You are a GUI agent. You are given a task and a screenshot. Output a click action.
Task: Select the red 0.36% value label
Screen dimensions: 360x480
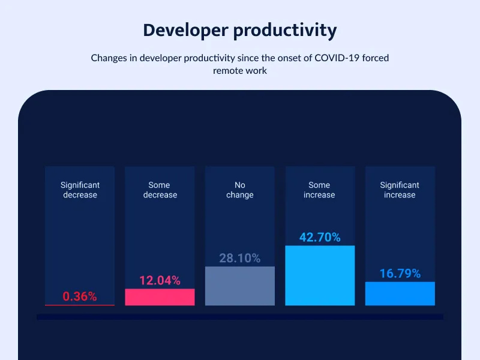click(x=80, y=296)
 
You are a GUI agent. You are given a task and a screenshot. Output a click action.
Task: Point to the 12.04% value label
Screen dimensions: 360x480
click(x=160, y=280)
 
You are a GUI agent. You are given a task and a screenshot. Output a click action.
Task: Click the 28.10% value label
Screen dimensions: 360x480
click(x=240, y=258)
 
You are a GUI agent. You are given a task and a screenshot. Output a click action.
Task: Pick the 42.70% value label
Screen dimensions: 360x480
click(x=320, y=237)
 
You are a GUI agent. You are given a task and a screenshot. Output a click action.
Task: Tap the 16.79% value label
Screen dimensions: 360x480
click(x=400, y=274)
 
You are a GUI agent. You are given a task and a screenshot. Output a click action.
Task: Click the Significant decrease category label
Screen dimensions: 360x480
click(x=80, y=190)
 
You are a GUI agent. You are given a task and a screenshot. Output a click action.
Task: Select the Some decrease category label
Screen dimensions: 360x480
click(x=160, y=190)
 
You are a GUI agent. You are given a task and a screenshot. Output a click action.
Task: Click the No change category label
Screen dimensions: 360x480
click(x=240, y=190)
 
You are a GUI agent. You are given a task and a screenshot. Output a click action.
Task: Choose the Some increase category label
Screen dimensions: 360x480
click(x=320, y=190)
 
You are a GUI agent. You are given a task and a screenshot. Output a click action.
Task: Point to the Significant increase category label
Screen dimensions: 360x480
click(x=400, y=190)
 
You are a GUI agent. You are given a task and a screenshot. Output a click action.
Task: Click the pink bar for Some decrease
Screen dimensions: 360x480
click(x=160, y=297)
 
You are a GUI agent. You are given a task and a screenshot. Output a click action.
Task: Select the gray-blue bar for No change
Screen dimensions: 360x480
click(x=240, y=286)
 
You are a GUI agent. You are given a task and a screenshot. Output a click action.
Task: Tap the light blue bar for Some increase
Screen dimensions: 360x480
click(x=320, y=275)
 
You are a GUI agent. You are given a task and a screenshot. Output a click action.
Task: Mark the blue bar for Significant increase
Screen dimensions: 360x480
click(x=400, y=293)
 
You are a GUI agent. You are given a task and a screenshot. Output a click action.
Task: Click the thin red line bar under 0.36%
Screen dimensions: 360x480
click(x=80, y=305)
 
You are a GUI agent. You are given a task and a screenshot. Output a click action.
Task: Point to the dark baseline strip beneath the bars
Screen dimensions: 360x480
click(x=240, y=317)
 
